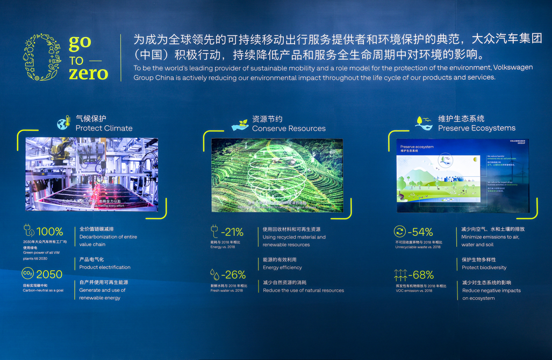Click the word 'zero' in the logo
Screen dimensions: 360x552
point(88,73)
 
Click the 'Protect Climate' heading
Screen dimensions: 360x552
point(104,128)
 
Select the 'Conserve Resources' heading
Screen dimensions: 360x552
point(289,128)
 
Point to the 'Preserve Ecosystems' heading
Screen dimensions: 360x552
point(476,128)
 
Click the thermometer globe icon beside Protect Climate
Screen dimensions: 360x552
point(64,123)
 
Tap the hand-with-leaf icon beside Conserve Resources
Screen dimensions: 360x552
point(240,124)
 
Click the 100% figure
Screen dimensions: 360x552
point(49,232)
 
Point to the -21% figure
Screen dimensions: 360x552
point(233,232)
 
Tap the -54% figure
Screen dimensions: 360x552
point(420,232)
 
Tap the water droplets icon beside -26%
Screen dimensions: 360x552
point(215,275)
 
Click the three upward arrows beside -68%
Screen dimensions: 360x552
point(400,275)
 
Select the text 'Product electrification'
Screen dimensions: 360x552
point(105,267)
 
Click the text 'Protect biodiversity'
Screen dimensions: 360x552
point(484,267)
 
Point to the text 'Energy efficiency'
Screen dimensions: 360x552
point(282,267)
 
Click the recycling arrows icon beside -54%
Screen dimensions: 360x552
point(400,232)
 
